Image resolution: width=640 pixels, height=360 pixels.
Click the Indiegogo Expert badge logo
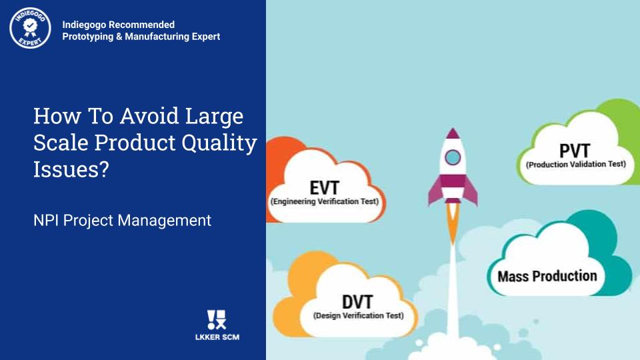point(30,28)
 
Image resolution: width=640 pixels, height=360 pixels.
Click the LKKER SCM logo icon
point(217,319)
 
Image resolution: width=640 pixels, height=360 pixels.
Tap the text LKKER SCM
point(217,337)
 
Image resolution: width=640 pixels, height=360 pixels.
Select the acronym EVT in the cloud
point(325,188)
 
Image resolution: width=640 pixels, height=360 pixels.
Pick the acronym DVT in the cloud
point(357,303)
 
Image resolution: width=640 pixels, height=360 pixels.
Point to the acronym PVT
point(575,151)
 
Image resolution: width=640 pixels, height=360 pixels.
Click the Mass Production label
point(547,276)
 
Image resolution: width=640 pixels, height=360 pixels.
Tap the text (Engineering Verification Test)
point(325,201)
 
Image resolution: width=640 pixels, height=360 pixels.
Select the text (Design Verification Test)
point(359,315)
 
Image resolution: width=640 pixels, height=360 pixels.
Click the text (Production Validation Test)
point(576,165)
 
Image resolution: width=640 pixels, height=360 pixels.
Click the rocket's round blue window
point(453,157)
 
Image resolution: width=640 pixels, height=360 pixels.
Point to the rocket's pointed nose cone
point(453,133)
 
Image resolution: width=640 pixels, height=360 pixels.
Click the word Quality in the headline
point(219,143)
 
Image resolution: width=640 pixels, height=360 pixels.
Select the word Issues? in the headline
point(71,169)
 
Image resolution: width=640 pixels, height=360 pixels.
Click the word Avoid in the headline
point(149,116)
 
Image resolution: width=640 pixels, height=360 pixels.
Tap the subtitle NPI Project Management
point(123,221)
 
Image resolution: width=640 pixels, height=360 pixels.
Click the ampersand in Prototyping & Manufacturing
point(119,37)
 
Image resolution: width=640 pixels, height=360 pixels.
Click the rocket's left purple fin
point(435,191)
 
